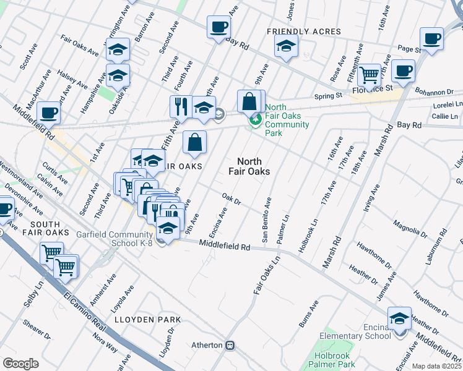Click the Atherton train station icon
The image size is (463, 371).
pos(230,345)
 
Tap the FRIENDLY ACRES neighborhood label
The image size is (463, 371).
pos(303,32)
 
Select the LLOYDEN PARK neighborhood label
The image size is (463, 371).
pos(147,320)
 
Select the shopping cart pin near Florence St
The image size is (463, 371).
pos(370,75)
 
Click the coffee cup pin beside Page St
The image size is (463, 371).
pos(431,38)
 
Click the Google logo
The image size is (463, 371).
pos(20,363)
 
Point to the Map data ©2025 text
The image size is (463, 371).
pos(436,366)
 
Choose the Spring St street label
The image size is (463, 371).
pos(328,96)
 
